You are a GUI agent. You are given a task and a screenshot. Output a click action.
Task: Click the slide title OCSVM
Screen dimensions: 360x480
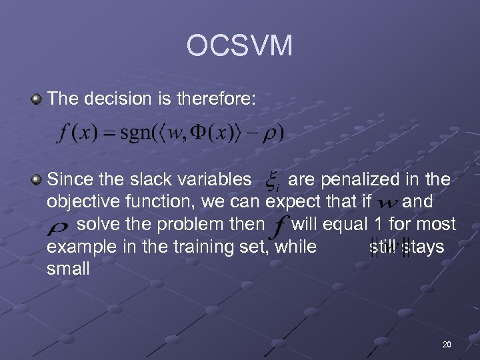239,46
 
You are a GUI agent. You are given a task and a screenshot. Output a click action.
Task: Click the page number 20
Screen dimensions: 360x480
446,344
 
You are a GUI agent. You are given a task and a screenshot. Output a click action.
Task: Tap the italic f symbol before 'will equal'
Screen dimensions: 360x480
279,225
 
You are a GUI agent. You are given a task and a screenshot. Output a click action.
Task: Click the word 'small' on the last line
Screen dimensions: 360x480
68,269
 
